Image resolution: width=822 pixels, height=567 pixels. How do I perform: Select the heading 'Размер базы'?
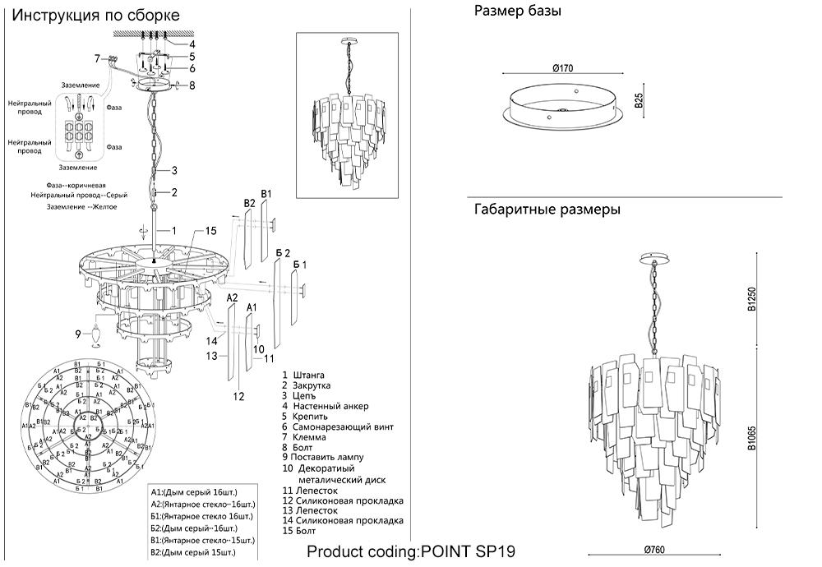pos(518,11)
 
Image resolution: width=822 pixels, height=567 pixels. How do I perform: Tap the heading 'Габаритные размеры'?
pos(547,210)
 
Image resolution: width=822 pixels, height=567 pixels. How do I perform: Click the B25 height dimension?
pos(639,101)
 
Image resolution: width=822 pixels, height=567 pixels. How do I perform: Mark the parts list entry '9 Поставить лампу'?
pos(321,457)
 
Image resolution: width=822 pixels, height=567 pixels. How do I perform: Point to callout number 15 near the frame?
pos(210,230)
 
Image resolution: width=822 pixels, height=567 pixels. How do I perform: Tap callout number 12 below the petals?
pos(238,396)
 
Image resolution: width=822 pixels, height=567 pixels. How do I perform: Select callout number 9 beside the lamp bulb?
pos(79,334)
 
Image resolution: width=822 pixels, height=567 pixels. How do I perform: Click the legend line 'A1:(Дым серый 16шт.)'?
pos(197,491)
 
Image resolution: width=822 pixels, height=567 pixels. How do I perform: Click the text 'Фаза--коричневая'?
pos(76,186)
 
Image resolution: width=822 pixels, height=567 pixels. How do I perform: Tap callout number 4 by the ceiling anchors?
pos(192,44)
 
